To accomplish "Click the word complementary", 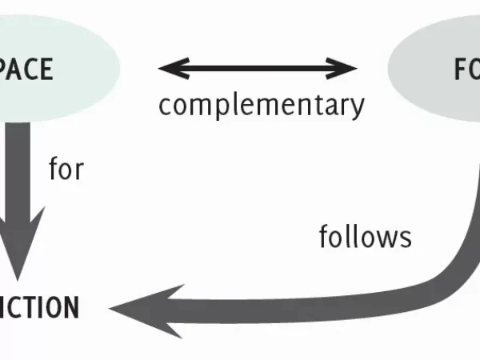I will (x=261, y=105).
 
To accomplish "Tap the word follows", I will (x=365, y=236).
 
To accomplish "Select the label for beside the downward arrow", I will (x=66, y=170).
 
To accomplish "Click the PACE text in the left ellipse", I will (x=26, y=70).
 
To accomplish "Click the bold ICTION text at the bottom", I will (x=39, y=307).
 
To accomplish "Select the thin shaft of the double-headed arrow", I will (x=258, y=68).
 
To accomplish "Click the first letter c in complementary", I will (x=164, y=105).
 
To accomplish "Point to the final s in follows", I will (x=406, y=237).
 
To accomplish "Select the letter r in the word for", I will (x=78, y=170).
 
